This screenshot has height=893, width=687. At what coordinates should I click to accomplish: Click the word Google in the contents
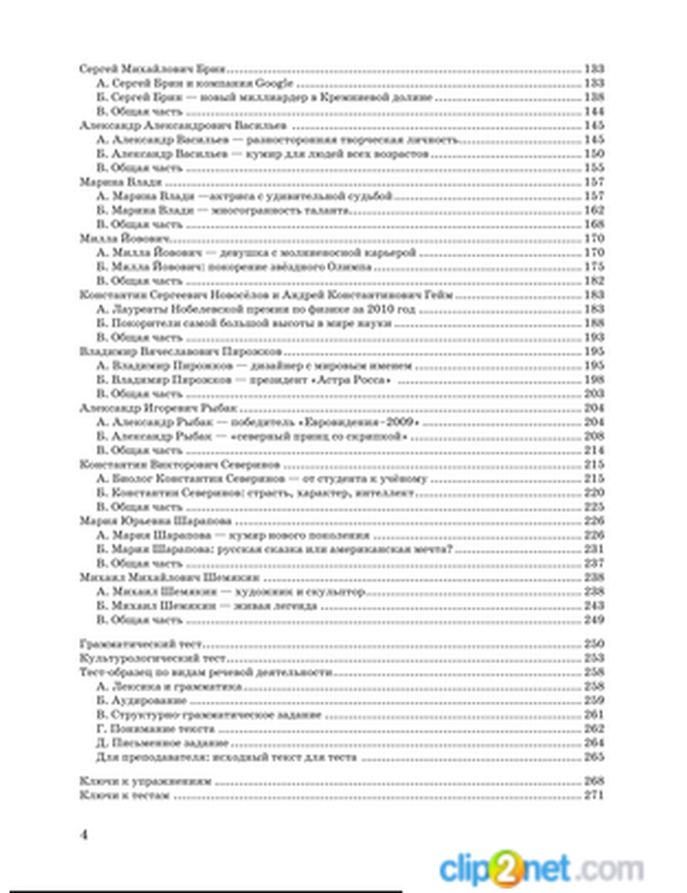point(274,83)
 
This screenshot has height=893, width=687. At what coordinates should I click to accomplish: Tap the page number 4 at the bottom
point(84,835)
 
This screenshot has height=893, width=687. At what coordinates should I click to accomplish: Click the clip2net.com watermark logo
point(541,868)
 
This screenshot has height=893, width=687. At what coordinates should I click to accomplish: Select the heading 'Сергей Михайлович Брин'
point(152,69)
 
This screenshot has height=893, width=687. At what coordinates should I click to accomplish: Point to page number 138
point(594,97)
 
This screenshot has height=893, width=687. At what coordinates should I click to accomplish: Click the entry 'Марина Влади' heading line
point(120,182)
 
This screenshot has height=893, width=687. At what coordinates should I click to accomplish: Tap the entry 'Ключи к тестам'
point(124,795)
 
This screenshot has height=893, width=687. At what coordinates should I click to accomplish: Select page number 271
point(594,795)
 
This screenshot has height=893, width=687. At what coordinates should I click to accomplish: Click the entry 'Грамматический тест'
point(141,644)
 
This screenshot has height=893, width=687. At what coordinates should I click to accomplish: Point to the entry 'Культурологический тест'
point(153,658)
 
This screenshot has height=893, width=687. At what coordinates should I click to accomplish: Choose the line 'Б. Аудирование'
point(142,701)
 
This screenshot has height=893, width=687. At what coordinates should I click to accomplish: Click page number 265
point(594,757)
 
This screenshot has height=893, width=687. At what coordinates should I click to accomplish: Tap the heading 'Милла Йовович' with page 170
point(125,238)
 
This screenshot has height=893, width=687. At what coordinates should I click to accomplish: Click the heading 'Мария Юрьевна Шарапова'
point(155,521)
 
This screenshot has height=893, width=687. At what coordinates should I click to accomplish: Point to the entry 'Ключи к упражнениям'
point(146,781)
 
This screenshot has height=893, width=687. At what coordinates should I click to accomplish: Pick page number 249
point(594,620)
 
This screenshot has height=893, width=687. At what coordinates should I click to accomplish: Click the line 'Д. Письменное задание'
point(162,743)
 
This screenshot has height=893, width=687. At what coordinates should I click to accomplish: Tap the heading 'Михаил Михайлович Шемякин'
point(169,578)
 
